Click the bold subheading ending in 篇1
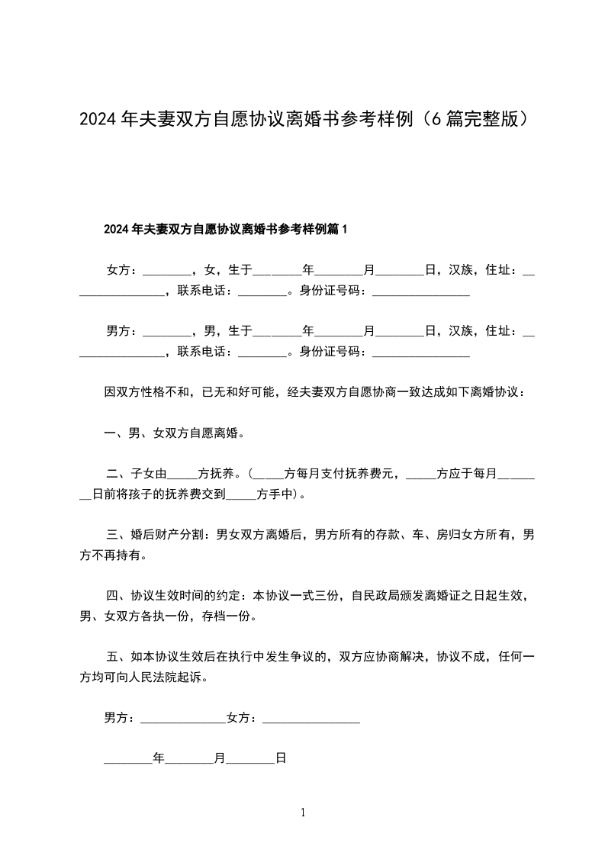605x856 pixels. (x=225, y=228)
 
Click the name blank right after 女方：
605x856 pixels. (x=167, y=271)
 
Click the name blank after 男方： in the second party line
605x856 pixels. (x=167, y=332)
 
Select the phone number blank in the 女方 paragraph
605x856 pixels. (x=262, y=291)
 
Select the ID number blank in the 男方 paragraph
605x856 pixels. (x=420, y=352)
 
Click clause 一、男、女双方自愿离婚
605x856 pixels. (x=174, y=433)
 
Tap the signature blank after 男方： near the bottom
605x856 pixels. (x=183, y=719)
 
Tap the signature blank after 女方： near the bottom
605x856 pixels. (x=311, y=719)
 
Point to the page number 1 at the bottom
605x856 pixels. (x=303, y=813)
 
